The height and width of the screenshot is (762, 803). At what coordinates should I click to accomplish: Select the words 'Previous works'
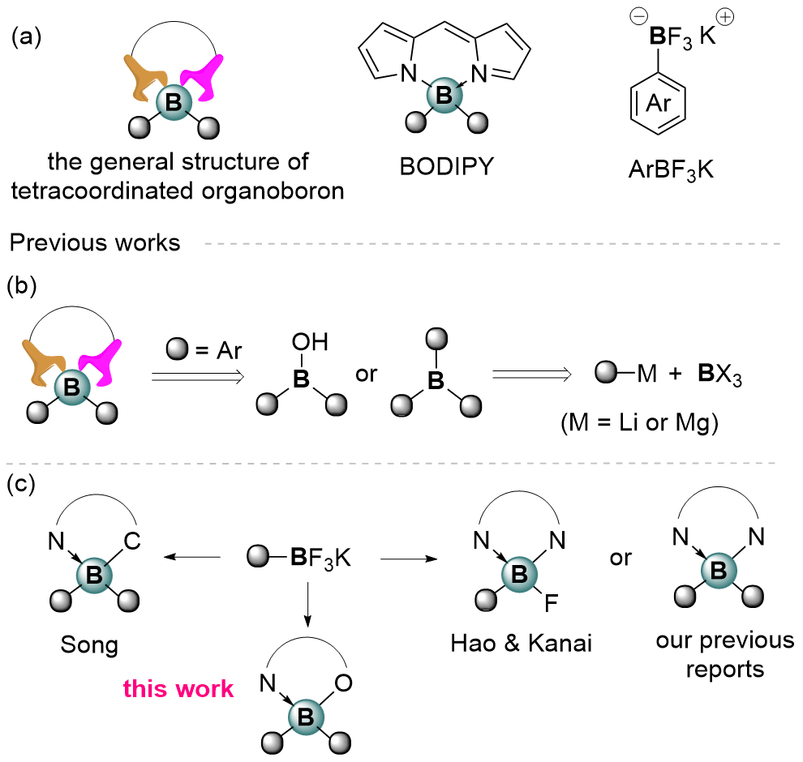point(94,242)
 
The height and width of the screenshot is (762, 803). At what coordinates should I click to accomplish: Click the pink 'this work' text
point(178,688)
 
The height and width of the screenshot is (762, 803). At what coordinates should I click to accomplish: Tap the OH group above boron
point(311,345)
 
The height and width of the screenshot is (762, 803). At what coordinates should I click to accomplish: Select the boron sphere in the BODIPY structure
point(443,96)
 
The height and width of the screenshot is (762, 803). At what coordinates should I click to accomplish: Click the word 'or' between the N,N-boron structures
point(622,559)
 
